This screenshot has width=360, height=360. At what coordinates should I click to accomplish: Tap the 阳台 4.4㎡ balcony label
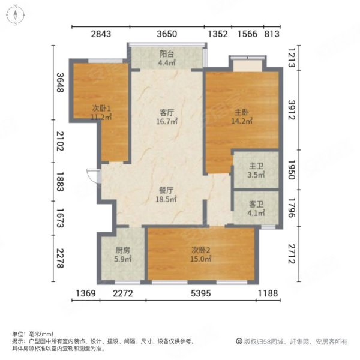tap(166, 56)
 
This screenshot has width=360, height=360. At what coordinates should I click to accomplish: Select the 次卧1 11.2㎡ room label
tap(101, 112)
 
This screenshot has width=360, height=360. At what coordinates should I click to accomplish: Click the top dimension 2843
tap(101, 34)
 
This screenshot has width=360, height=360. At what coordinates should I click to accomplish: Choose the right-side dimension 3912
tap(292, 110)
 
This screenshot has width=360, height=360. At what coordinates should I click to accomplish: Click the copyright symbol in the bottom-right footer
tap(238, 341)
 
